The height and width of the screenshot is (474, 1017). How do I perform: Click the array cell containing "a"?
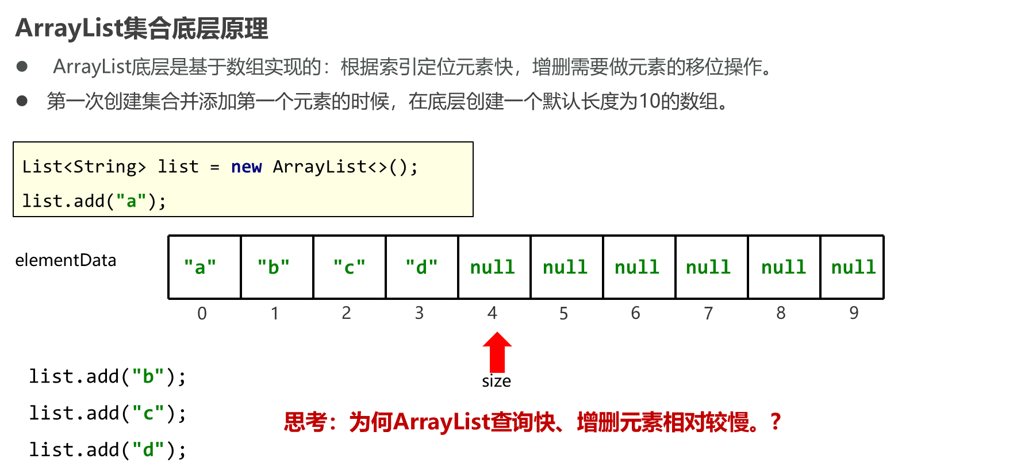point(206,267)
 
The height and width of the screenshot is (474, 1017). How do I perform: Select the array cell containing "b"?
point(279,267)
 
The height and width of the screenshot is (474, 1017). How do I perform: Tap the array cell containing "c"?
point(354,267)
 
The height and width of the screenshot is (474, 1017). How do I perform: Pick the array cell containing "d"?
point(426,267)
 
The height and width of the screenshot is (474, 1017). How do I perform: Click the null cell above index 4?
point(494,267)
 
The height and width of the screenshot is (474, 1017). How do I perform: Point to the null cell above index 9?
point(853,267)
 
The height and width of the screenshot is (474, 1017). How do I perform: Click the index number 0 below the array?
point(202,313)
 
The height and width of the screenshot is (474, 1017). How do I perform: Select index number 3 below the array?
point(419,313)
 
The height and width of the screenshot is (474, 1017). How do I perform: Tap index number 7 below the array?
point(708,313)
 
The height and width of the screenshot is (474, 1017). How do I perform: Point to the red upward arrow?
point(497,352)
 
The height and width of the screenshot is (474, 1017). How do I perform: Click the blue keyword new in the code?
point(246,167)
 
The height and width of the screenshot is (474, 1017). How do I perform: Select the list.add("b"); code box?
point(140,376)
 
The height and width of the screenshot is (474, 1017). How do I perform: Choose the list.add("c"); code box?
point(140,413)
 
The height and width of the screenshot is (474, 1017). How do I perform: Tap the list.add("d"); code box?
point(140,449)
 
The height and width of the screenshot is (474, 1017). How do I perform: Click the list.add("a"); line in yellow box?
point(94,201)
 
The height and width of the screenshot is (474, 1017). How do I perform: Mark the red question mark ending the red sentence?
point(775,422)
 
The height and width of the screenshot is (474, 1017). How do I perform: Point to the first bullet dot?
point(22,67)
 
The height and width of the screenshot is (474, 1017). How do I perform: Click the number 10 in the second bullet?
point(649,102)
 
